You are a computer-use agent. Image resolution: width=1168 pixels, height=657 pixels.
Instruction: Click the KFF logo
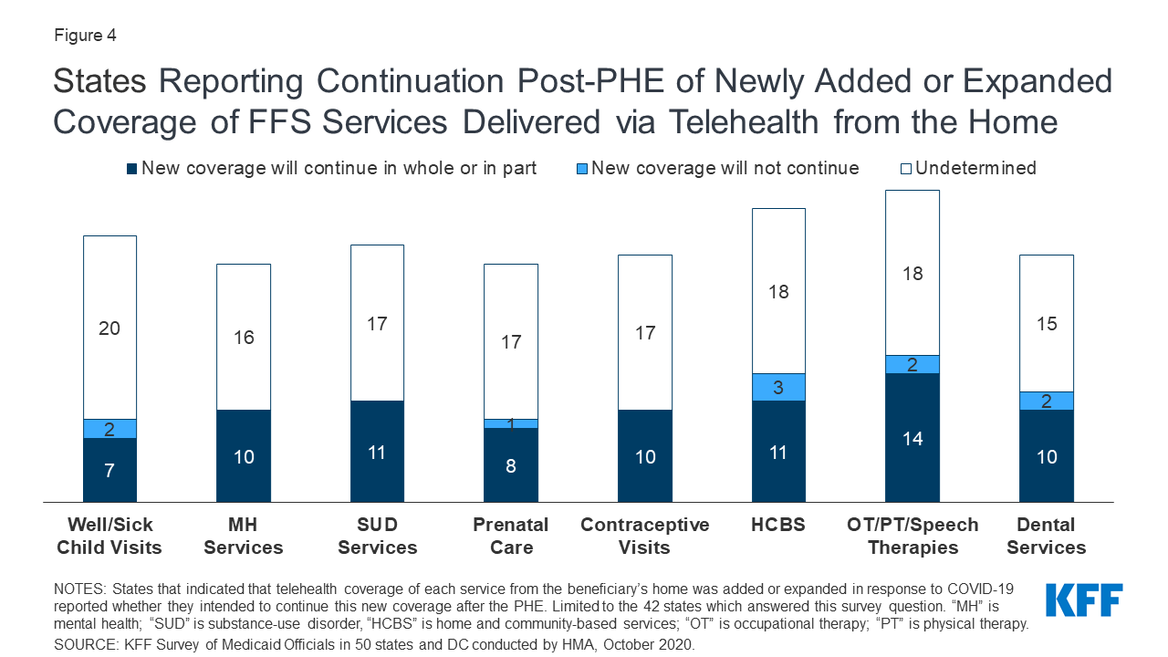1084,600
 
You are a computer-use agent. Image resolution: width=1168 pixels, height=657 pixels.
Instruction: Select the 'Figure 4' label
85,36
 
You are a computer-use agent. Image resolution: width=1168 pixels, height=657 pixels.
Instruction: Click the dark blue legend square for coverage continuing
132,169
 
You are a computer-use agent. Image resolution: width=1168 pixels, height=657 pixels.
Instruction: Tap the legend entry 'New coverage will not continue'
725,168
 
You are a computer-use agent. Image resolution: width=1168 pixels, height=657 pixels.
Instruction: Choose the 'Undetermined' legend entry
975,168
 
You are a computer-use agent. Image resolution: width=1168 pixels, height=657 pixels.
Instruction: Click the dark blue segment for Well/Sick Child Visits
109,470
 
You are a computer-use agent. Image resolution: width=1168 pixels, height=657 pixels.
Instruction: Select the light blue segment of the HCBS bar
778,387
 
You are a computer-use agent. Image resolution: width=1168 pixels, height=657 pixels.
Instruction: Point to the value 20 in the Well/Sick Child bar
109,328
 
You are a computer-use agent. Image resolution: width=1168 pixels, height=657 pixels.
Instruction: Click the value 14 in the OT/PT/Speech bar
912,439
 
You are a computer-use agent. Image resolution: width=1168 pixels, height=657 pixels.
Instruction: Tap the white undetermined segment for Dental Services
1046,323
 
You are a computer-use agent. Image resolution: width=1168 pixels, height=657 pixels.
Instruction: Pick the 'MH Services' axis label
244,537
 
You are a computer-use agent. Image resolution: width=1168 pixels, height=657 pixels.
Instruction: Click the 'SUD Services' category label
377,537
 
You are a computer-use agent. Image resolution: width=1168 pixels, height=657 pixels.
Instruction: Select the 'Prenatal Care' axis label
511,537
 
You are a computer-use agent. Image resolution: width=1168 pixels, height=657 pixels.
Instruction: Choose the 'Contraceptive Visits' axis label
645,537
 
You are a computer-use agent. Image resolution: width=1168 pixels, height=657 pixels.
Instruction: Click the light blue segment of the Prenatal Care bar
511,423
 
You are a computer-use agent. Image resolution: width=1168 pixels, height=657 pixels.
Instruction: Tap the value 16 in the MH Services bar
244,338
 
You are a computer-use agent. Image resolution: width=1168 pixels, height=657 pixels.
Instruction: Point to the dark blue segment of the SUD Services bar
377,452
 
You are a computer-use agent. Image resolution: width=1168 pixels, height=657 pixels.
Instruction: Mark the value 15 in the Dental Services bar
1046,324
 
